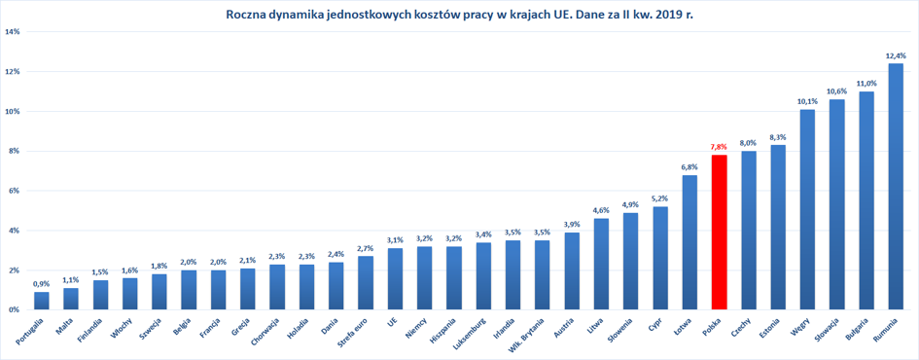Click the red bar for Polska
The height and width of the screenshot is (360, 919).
click(719, 233)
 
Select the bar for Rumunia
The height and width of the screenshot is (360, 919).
click(896, 187)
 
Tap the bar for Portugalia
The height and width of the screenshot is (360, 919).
click(42, 301)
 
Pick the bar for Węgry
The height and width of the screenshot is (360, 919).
click(807, 209)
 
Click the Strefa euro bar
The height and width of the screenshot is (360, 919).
click(366, 282)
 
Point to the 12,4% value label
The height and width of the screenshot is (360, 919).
click(896, 56)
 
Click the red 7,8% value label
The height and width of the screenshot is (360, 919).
click(719, 147)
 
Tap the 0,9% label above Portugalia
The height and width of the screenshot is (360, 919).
click(42, 284)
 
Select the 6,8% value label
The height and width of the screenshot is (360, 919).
click(689, 167)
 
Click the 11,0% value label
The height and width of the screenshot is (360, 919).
click(866, 84)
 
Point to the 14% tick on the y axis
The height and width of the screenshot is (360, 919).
click(13, 32)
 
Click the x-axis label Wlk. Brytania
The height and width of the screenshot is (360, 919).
click(527, 335)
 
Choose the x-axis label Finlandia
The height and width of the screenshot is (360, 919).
click(91, 330)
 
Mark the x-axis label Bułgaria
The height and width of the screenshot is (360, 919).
click(857, 330)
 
